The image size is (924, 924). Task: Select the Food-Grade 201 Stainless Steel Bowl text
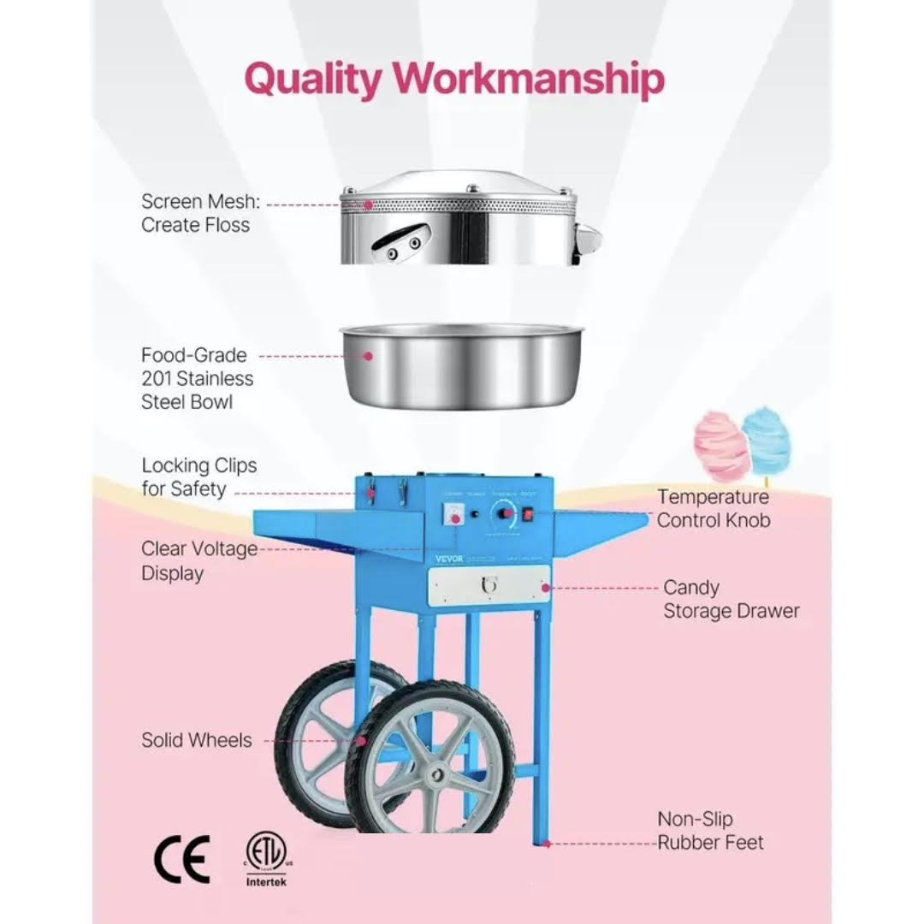coord(196,378)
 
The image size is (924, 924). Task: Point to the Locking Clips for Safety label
coord(198,477)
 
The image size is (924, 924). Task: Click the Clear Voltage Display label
coord(198,561)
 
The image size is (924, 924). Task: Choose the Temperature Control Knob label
coord(713,508)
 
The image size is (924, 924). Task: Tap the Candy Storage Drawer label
coord(731,599)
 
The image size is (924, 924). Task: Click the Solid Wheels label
coord(197,740)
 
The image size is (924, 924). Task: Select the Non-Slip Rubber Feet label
coord(709,831)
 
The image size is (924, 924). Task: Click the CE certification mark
coord(181,860)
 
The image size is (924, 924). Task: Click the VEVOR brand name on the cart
coord(445,556)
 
